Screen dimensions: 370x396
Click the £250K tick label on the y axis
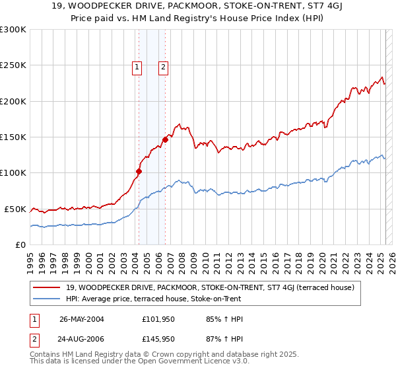(14, 65)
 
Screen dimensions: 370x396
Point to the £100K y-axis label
(14, 173)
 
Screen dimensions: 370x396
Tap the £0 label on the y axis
(20, 244)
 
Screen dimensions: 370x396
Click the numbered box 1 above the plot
(137, 66)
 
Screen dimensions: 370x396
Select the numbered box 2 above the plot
(162, 66)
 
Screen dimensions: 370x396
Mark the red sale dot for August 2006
(166, 139)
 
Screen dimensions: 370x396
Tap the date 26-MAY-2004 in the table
(81, 318)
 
